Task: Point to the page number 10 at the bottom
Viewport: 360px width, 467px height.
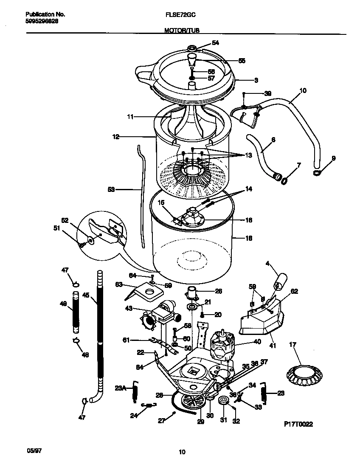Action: (182, 452)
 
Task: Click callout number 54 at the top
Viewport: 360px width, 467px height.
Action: (215, 42)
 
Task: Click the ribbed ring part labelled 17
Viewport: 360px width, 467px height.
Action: (302, 373)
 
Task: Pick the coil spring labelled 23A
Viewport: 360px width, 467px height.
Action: (135, 390)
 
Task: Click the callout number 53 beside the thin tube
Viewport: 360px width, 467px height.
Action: (111, 189)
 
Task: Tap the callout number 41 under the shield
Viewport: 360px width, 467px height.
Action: (272, 346)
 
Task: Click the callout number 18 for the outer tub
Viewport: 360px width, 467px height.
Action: (249, 238)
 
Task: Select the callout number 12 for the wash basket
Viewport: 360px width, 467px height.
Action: (116, 137)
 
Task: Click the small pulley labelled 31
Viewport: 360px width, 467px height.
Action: (222, 401)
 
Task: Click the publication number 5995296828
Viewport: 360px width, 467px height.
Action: (39, 21)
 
